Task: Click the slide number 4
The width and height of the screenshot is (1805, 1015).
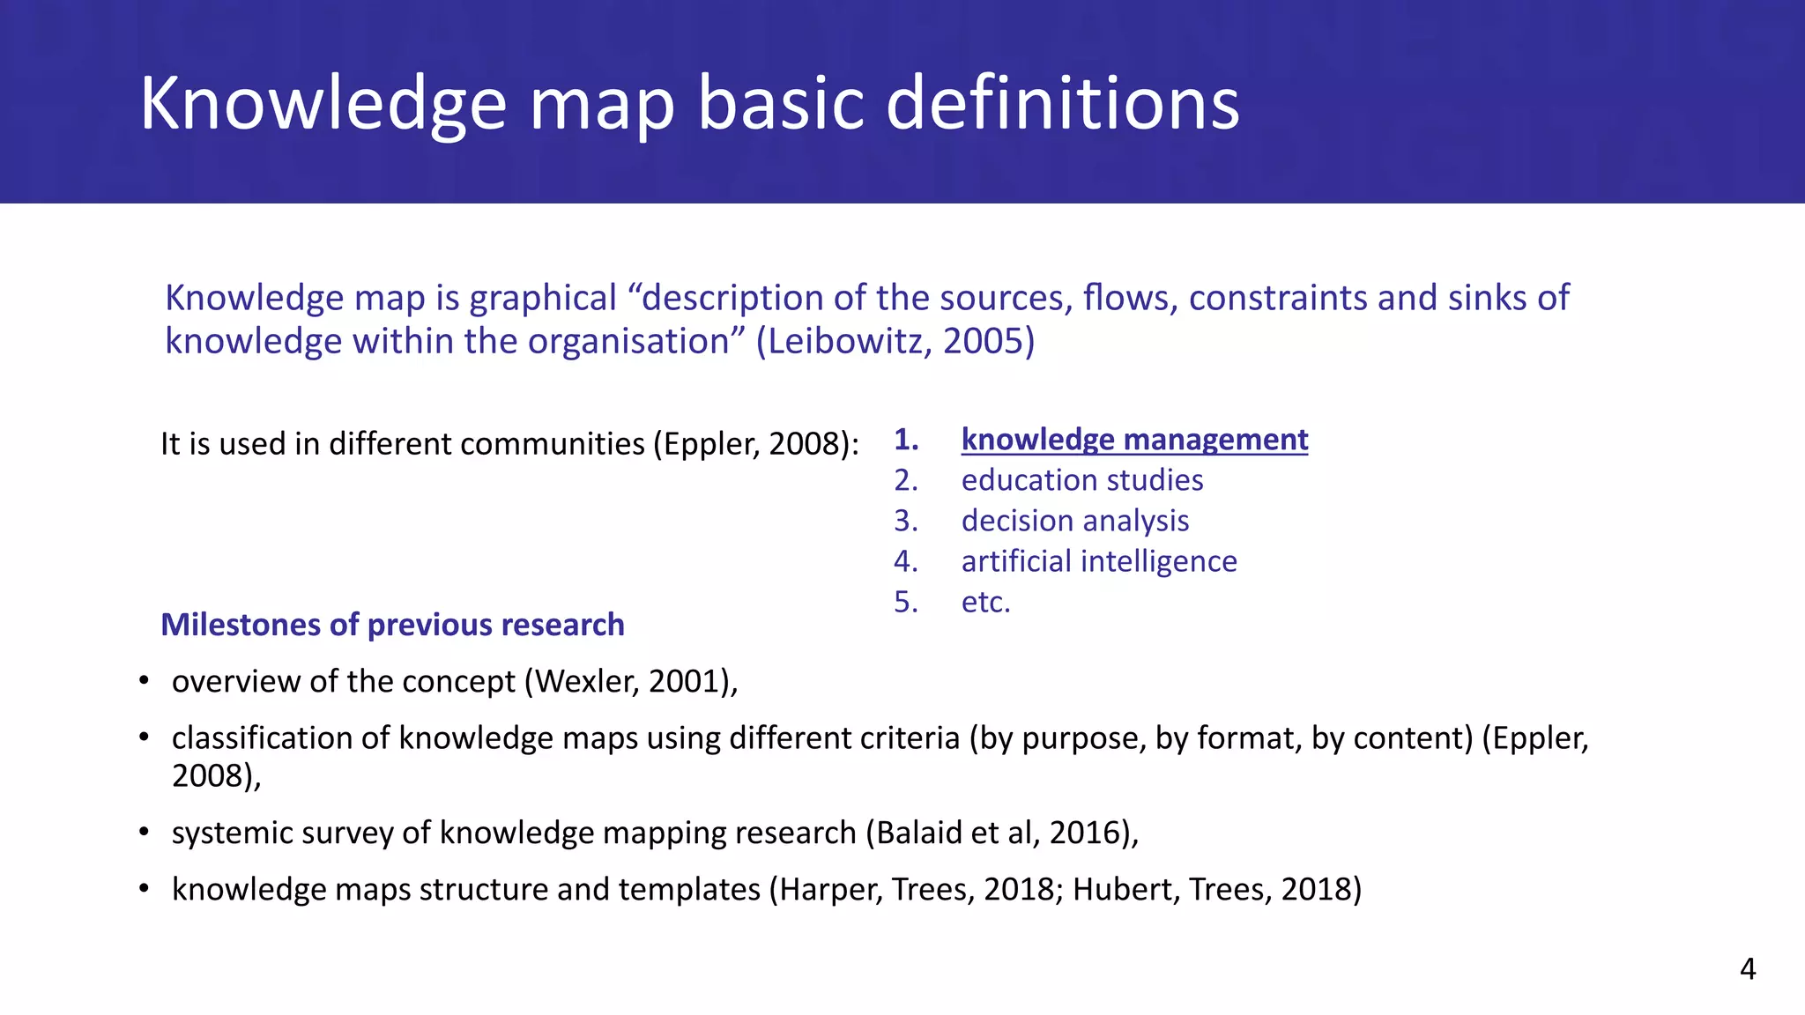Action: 1748,969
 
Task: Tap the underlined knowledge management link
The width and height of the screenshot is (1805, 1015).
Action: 1134,439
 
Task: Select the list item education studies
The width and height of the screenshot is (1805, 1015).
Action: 1081,480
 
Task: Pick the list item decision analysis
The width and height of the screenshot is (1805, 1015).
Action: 1074,521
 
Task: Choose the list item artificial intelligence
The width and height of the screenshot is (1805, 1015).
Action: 1098,561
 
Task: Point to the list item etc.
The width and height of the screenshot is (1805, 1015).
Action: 985,602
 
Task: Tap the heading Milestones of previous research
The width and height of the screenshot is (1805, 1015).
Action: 392,625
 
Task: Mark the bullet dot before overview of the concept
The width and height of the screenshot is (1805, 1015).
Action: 144,681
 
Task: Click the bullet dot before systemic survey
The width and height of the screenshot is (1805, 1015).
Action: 144,833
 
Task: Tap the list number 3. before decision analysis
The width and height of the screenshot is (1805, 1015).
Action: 905,521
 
